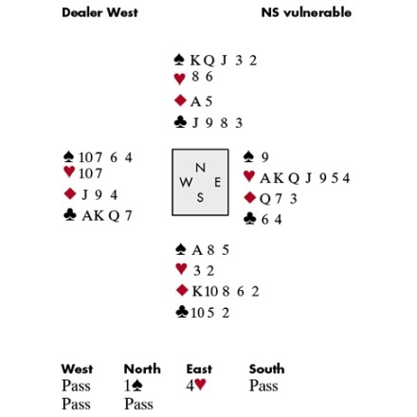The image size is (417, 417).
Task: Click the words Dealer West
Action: pyautogui.click(x=100, y=12)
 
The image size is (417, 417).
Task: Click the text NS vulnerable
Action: pyautogui.click(x=306, y=12)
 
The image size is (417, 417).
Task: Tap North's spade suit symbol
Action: pyautogui.click(x=179, y=60)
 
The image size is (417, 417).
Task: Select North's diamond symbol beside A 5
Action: pyautogui.click(x=180, y=100)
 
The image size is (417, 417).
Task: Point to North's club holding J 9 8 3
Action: pyautogui.click(x=217, y=123)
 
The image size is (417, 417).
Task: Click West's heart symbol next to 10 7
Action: pyautogui.click(x=69, y=172)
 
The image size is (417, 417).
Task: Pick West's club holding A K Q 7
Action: pyautogui.click(x=107, y=215)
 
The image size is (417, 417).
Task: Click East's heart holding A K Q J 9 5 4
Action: pyautogui.click(x=305, y=178)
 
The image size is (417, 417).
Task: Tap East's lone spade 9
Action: pyautogui.click(x=264, y=157)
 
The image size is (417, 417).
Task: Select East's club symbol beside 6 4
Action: pyautogui.click(x=249, y=219)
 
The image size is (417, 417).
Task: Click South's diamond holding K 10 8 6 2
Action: pyautogui.click(x=226, y=291)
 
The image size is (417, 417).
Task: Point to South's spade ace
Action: pyautogui.click(x=197, y=250)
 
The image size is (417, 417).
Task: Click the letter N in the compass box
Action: pyautogui.click(x=200, y=168)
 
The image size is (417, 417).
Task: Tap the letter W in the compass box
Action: pyautogui.click(x=186, y=182)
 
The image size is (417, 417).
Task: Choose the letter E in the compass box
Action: pyautogui.click(x=218, y=182)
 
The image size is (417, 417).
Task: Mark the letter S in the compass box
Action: pyautogui.click(x=200, y=197)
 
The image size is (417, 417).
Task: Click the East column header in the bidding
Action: pyautogui.click(x=199, y=369)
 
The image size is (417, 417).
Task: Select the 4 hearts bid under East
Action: pyautogui.click(x=196, y=385)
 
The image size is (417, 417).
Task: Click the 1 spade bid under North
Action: pyautogui.click(x=134, y=386)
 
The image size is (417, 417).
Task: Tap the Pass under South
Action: pyautogui.click(x=263, y=386)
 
